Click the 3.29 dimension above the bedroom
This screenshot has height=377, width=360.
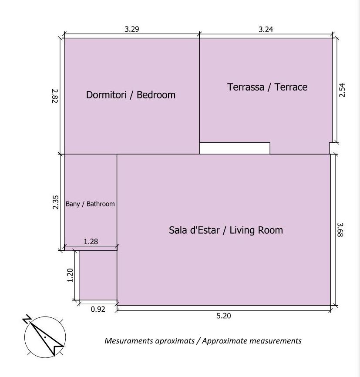point(132,29)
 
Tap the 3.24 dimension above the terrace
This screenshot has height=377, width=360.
point(266,29)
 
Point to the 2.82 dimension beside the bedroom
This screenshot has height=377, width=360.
point(55,96)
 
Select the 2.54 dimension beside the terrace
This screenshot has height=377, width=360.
point(342,90)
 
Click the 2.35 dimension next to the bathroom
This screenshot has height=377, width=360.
point(56,202)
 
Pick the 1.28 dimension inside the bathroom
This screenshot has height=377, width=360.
point(91,242)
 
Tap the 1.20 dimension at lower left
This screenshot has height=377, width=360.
point(70,275)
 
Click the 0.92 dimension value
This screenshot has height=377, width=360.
point(98,309)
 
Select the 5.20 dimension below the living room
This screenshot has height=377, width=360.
point(224,316)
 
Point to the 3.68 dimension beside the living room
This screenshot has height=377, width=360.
point(340,230)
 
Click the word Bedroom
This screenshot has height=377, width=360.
point(156,95)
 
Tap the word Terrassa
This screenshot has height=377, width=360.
point(246,87)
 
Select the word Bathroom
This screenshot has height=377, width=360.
point(101,204)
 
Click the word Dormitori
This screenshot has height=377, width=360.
point(106,95)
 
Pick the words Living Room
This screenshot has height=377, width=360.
point(256,230)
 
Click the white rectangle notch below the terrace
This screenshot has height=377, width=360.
point(235,148)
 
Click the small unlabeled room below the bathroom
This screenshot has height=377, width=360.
point(98,276)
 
